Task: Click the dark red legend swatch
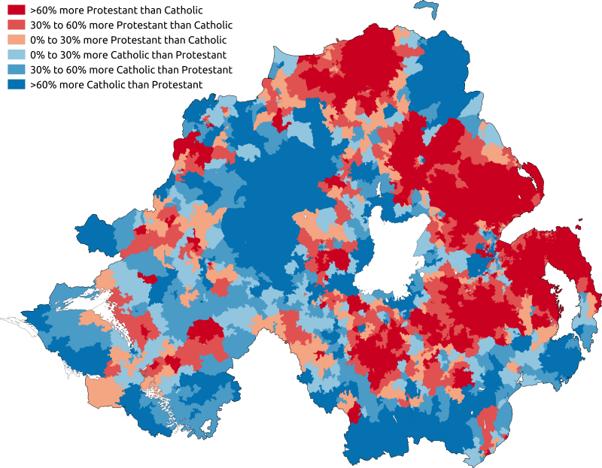(16, 10)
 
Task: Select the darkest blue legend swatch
(16, 85)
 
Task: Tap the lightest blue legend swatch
(16, 55)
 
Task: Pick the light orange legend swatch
(16, 40)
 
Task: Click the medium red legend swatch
(16, 25)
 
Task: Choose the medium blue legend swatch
(16, 70)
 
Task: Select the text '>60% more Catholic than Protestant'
(116, 85)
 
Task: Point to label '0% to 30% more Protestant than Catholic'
(128, 40)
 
